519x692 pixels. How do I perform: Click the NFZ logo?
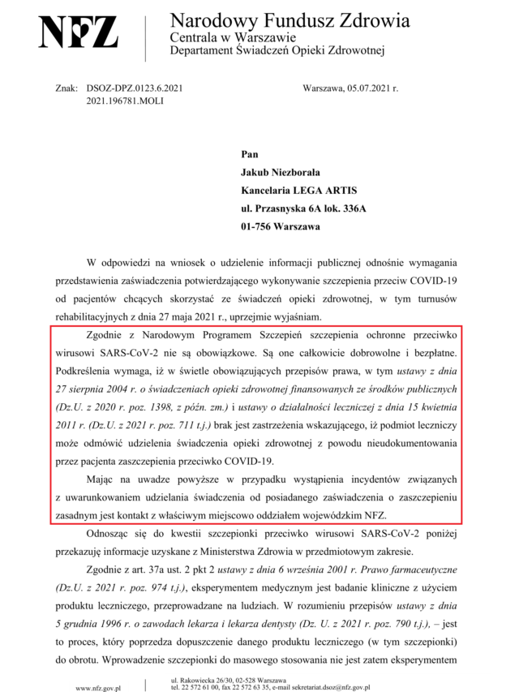[79, 32]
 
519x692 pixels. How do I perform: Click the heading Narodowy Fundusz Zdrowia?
[290, 20]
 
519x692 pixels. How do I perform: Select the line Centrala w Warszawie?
[233, 37]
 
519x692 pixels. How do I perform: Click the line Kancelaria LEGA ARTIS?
[298, 191]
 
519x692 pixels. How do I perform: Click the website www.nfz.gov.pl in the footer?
[97, 686]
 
